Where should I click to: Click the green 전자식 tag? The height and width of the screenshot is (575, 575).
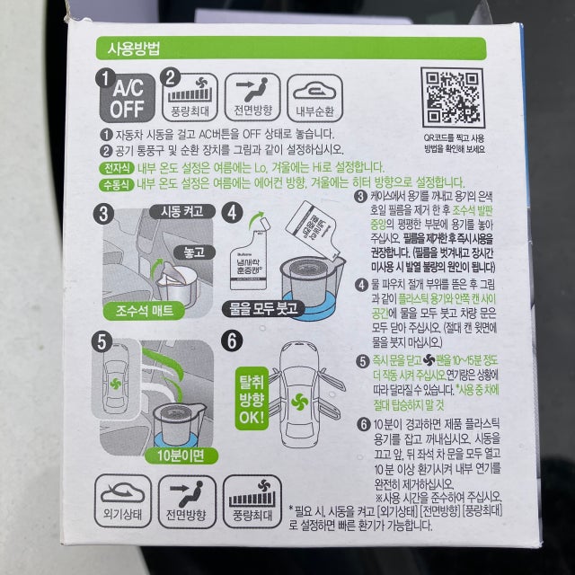point(116,167)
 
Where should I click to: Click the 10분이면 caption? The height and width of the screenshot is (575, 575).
point(181,455)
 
